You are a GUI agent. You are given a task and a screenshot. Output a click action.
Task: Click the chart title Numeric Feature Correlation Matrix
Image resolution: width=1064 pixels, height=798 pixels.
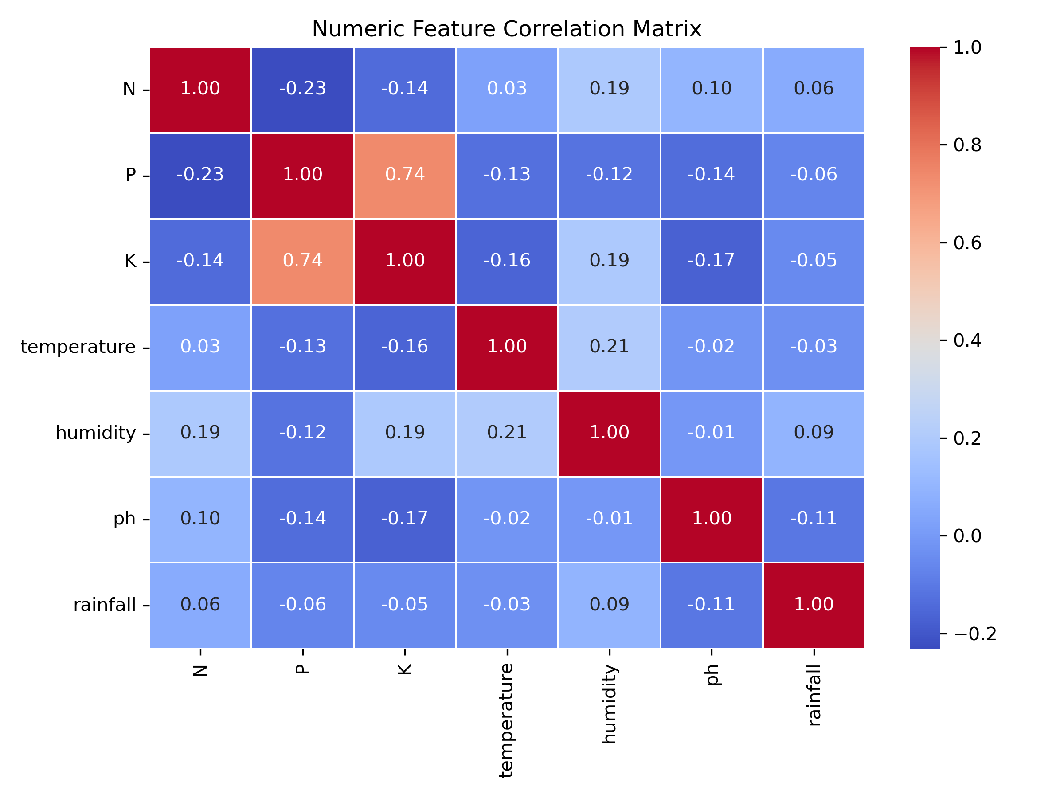506,29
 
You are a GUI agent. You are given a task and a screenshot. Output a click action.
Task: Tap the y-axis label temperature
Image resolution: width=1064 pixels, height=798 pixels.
78,347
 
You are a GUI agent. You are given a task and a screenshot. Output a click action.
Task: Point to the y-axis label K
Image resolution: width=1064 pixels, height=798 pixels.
130,261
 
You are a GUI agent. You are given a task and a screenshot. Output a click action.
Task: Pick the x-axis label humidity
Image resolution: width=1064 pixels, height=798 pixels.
609,704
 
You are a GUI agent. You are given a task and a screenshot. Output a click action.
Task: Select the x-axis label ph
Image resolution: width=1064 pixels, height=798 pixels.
712,674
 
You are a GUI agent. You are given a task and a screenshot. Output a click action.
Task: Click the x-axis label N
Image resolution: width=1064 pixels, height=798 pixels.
200,670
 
